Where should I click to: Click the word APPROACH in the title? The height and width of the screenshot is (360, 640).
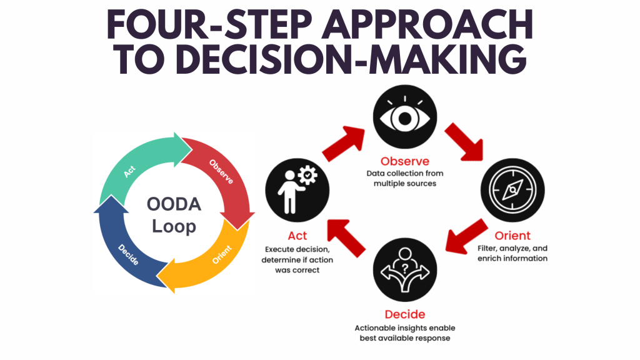[427, 24]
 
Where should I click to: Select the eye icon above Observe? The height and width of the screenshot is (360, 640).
[405, 117]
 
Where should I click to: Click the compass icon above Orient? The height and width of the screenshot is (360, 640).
[512, 190]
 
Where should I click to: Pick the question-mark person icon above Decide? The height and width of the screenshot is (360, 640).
[405, 270]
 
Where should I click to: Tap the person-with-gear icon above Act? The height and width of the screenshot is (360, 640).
[297, 190]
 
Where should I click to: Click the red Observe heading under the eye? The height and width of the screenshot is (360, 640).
[405, 161]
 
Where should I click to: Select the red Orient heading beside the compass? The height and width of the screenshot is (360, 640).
[512, 236]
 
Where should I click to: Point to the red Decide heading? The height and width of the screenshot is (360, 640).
[405, 314]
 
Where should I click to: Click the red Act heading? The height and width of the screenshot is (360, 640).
[297, 236]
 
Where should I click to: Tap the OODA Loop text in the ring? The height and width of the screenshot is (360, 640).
[174, 215]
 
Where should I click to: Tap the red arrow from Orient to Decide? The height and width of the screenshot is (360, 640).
[465, 237]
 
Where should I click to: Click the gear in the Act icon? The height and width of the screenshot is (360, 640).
[307, 175]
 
